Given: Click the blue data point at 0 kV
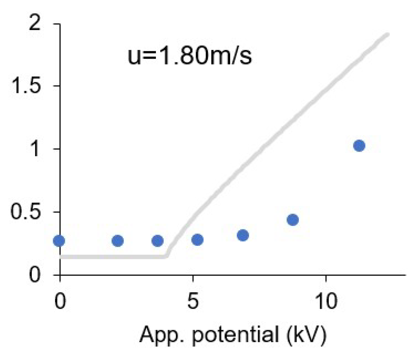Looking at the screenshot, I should coord(59,241).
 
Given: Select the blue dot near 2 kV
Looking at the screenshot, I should coord(117,241).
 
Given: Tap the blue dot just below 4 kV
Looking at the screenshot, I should coord(158,241).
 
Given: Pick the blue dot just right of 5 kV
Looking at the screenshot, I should coord(197,240).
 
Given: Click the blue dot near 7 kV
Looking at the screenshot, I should coord(243,235).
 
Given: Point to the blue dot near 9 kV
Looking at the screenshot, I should coord(293,220).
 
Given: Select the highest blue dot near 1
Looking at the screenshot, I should coord(359,146).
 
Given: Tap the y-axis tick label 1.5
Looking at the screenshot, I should coord(26,86).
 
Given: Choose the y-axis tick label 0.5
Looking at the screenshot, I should coord(26,212).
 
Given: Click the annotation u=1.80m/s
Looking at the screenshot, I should coord(189,56).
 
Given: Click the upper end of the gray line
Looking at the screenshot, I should coord(387,35).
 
